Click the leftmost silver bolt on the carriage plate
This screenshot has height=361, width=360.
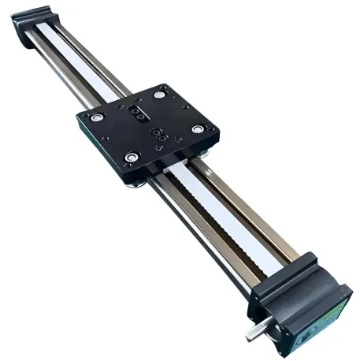tap(97, 117)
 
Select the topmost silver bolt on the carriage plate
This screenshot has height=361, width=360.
tap(160, 95)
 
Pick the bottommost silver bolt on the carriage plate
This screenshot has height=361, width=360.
tap(132, 156)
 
